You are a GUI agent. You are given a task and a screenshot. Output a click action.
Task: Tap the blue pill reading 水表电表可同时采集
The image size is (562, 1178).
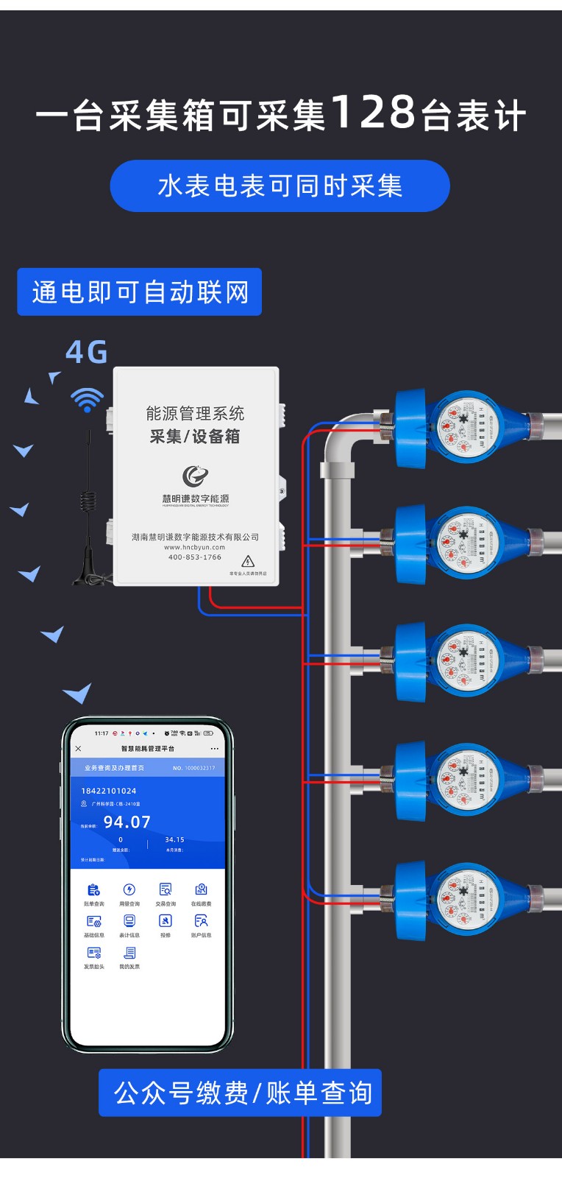coord(280,186)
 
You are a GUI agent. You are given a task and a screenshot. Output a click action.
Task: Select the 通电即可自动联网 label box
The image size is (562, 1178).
coord(140,292)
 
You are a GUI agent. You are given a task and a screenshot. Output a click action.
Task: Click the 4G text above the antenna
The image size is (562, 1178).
coord(87,353)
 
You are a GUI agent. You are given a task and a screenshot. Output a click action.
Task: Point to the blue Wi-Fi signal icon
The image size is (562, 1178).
coord(87,399)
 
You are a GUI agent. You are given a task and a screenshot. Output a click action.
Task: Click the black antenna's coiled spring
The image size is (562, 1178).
coord(88,501)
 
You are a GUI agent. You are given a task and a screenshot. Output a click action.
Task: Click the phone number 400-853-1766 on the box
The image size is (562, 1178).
coord(195,557)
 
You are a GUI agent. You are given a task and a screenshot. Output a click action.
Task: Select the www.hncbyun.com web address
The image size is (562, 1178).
coord(195,547)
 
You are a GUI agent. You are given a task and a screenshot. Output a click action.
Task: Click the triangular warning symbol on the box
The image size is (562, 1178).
coord(248,561)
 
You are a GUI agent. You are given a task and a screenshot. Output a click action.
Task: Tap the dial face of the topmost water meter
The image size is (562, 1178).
coord(463,426)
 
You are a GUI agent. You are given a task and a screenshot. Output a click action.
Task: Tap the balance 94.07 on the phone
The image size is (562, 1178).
coord(127,822)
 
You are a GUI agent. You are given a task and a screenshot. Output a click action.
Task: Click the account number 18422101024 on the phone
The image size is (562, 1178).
coord(109,791)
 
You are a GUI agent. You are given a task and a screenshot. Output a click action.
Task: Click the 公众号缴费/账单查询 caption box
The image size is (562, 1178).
coord(241,1093)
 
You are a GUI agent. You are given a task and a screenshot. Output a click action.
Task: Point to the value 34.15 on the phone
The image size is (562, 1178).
coord(174,839)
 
